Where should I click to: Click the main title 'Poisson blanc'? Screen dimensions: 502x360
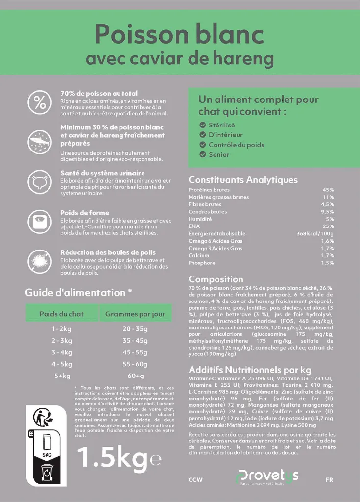(179, 35)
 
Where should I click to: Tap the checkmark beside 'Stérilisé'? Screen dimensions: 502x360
(202, 125)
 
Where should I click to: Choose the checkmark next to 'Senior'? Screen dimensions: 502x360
(202, 154)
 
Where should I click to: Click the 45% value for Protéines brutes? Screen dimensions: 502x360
(328, 190)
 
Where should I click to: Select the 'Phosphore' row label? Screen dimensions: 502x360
(201, 263)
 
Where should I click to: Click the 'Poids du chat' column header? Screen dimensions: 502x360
(61, 314)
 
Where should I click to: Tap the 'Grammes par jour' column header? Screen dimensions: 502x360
(135, 314)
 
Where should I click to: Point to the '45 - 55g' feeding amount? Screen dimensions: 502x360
(135, 352)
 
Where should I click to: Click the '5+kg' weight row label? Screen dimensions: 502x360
(62, 376)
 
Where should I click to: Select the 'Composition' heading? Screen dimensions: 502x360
(216, 279)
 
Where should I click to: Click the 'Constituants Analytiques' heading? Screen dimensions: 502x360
(243, 180)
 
